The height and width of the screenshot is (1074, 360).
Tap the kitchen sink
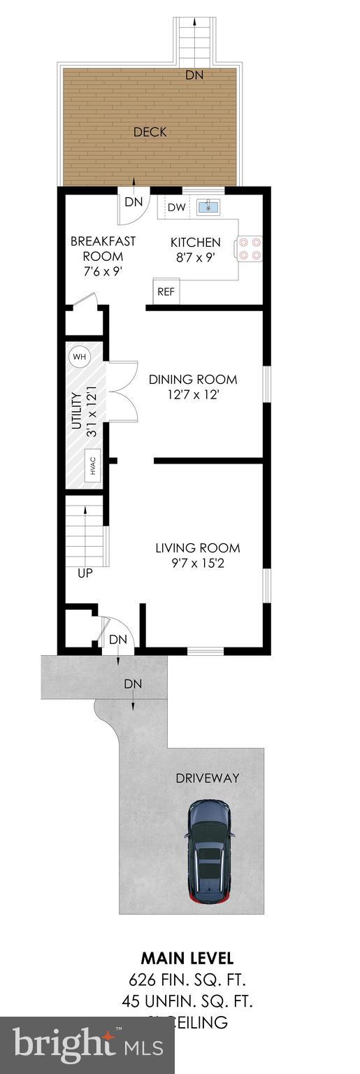click(208, 207)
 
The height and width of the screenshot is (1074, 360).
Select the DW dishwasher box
click(176, 207)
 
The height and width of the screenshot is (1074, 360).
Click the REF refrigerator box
click(166, 292)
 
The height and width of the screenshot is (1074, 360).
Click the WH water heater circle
click(79, 357)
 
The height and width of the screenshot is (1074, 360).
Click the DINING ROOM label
click(193, 380)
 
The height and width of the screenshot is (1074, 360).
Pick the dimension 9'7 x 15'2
click(197, 564)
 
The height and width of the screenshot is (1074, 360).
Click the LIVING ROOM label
click(197, 548)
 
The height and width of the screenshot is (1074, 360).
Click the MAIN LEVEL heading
click(187, 958)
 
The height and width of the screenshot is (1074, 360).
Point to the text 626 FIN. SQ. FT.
click(187, 978)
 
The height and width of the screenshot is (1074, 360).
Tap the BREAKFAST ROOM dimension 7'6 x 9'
click(103, 271)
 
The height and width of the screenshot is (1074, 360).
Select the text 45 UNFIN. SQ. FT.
click(187, 1001)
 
